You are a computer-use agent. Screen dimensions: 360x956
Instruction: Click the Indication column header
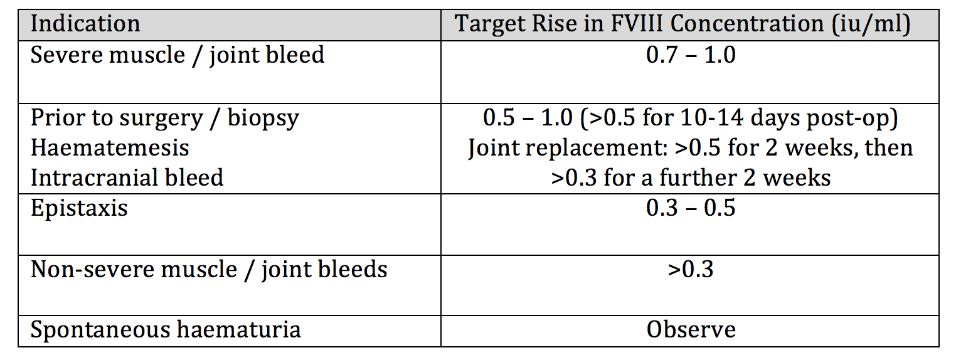(x=85, y=24)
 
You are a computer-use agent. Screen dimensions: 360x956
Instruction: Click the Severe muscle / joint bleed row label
(x=178, y=55)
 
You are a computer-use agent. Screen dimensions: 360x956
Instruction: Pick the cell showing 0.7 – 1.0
(x=690, y=55)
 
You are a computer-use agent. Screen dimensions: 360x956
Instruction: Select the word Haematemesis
(x=110, y=147)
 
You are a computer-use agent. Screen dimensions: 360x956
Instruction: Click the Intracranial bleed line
(x=127, y=177)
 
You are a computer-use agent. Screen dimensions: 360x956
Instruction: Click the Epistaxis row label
(x=79, y=208)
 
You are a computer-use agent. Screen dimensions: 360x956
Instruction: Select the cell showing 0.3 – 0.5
(x=690, y=208)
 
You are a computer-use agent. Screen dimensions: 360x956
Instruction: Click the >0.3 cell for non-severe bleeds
(x=690, y=270)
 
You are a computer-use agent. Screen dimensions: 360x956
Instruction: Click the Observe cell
(x=691, y=330)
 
